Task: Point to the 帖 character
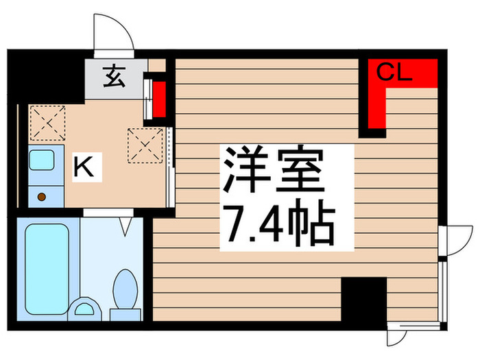(313, 226)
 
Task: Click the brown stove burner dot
(43, 197)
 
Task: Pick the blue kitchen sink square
(42, 162)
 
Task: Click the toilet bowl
(125, 288)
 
